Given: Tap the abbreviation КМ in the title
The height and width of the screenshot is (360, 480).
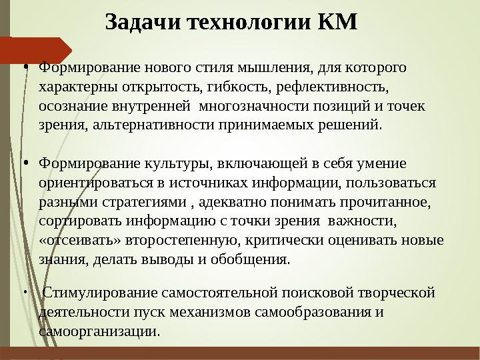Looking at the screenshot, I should coord(338,21).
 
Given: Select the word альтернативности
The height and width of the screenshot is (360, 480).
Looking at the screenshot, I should coord(155,124).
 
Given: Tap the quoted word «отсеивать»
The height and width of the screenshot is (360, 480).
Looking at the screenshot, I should coord(74,240).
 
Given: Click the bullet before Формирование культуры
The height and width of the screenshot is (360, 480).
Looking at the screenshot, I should coord(24,163).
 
